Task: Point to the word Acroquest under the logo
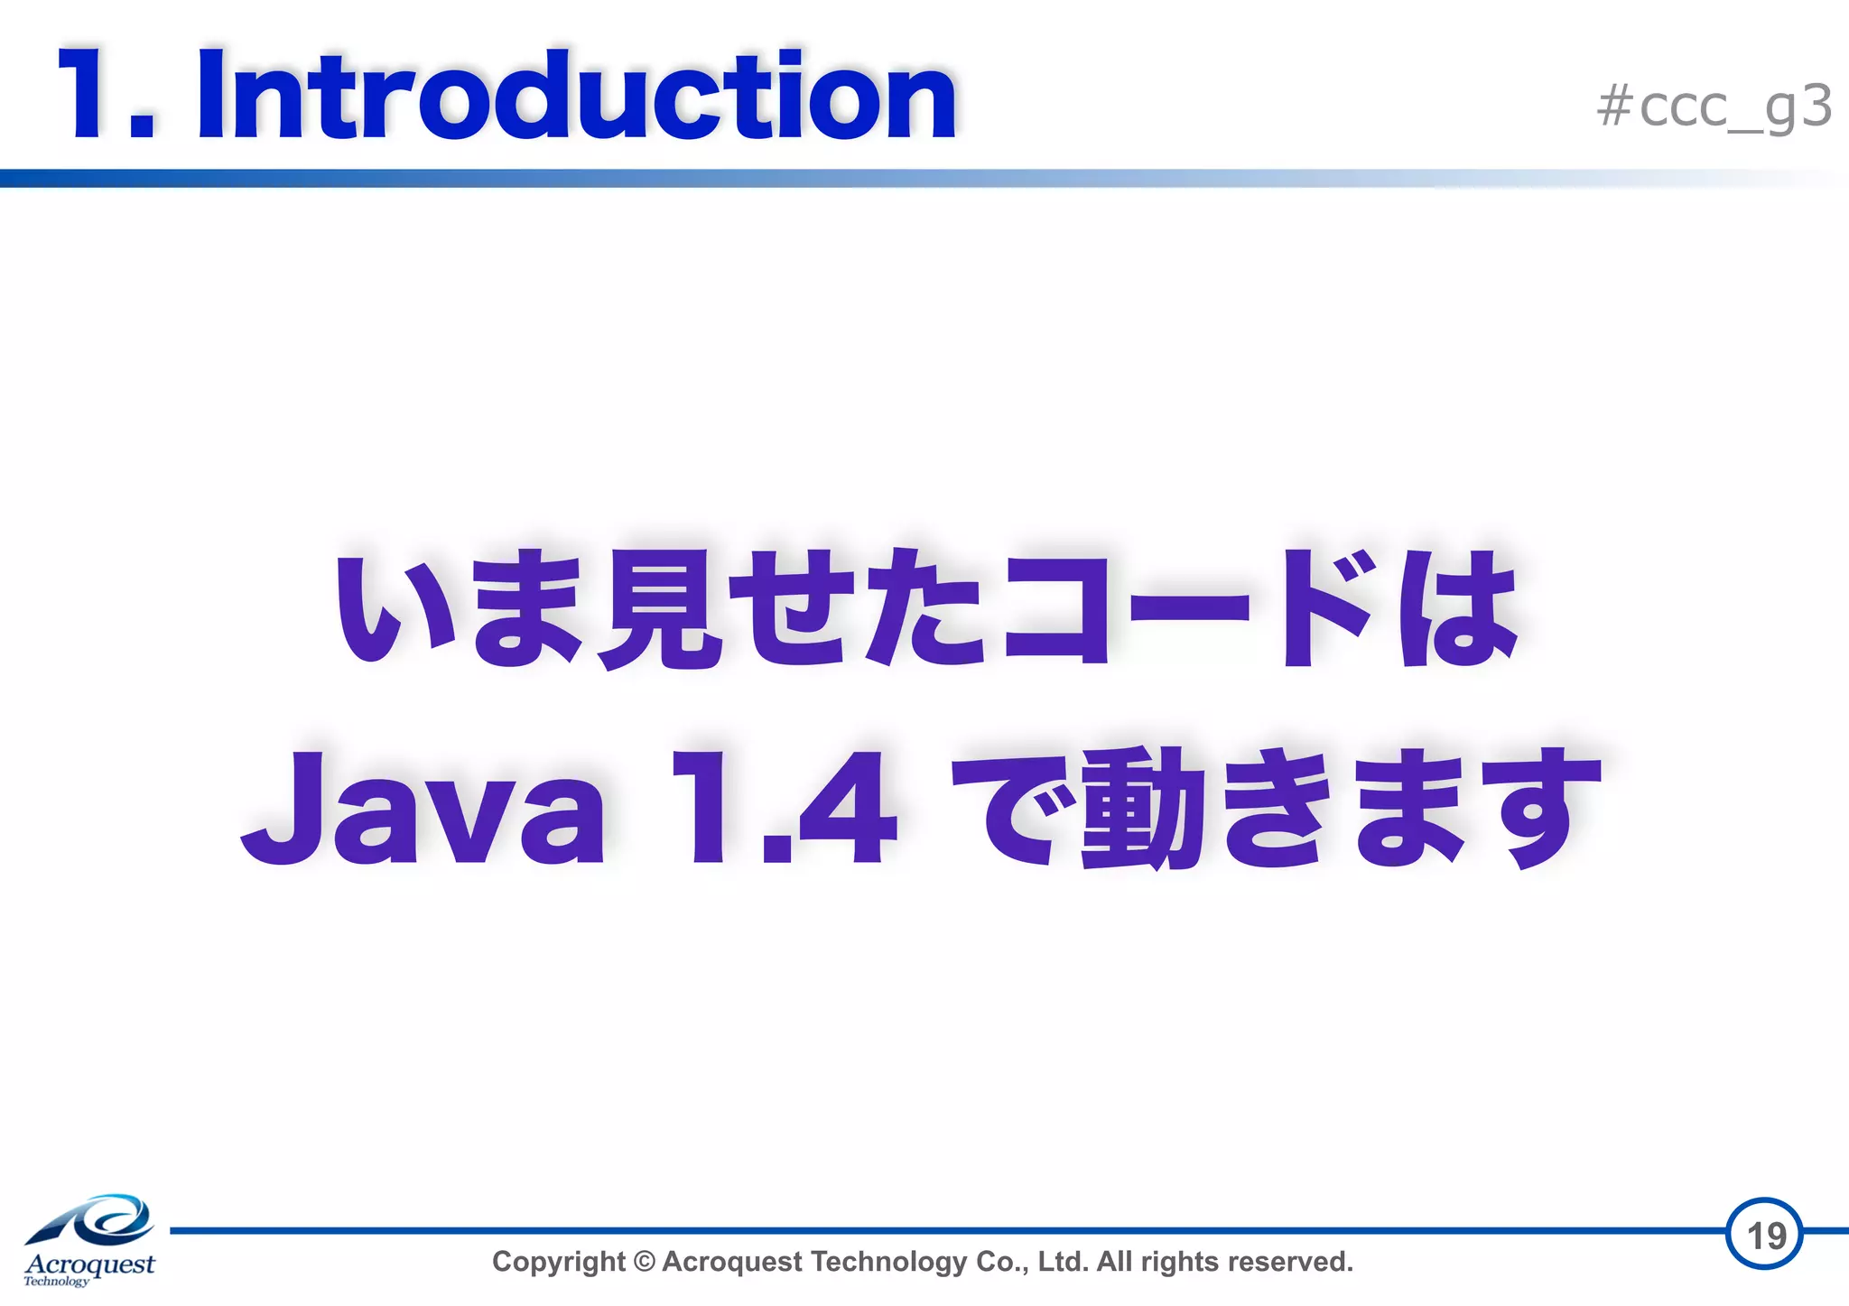click(x=90, y=1264)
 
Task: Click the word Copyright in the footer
click(x=558, y=1262)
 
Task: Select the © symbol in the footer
click(x=644, y=1262)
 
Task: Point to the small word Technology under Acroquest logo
click(x=56, y=1282)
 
